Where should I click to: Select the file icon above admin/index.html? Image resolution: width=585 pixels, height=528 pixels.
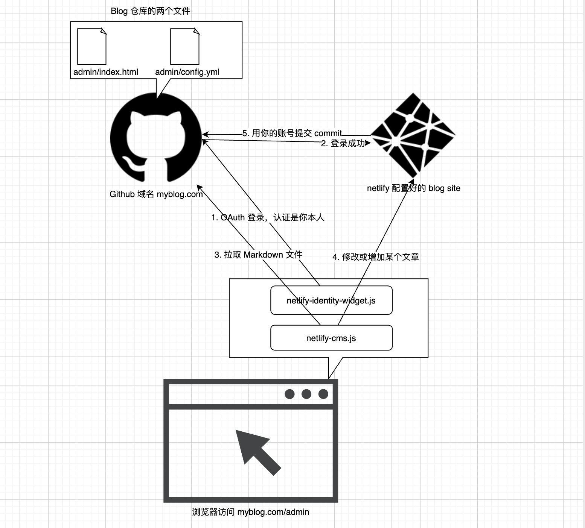(92, 47)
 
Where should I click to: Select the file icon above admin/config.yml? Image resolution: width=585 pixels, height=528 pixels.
(185, 47)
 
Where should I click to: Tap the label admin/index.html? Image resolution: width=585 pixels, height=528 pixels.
(106, 72)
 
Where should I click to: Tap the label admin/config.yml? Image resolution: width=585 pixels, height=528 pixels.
(187, 72)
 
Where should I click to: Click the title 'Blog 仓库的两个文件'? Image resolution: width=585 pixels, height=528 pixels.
(150, 11)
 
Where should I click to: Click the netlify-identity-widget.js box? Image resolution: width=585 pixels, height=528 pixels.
(331, 300)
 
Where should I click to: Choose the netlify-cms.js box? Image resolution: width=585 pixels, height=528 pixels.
(331, 338)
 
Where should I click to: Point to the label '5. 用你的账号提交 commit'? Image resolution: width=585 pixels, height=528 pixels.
(292, 133)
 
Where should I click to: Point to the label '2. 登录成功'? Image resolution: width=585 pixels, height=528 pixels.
(343, 143)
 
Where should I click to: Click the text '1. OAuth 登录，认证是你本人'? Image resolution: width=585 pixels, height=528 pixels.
(268, 217)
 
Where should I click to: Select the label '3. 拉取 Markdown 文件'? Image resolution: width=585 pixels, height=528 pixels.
(258, 255)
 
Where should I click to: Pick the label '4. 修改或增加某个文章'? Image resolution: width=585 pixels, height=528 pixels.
(376, 257)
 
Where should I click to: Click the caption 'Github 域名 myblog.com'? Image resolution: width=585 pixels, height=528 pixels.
(156, 194)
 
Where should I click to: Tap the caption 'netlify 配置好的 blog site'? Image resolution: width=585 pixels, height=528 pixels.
(413, 188)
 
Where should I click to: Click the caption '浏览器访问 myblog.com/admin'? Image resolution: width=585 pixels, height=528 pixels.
(250, 512)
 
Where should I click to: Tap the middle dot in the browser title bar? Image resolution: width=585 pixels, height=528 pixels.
(306, 394)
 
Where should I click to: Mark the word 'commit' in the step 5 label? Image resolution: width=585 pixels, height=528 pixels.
(328, 133)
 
